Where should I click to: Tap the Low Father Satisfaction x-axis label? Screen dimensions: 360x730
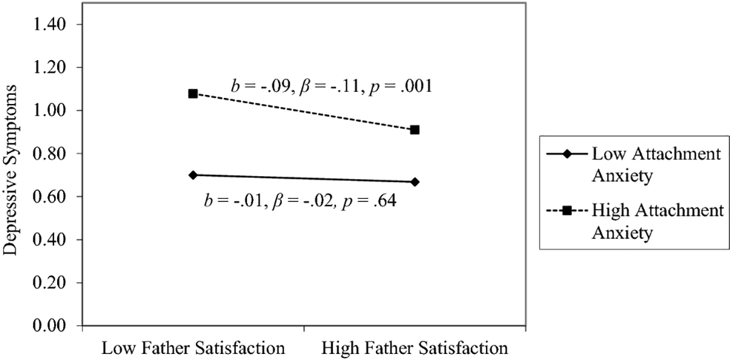click(193, 349)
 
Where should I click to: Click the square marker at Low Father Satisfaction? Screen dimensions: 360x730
click(193, 94)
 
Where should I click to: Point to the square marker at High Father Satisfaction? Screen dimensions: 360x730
click(415, 130)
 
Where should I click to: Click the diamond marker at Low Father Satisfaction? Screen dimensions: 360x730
click(193, 175)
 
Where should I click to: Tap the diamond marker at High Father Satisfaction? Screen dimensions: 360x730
click(415, 182)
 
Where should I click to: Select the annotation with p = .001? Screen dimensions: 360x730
click(332, 86)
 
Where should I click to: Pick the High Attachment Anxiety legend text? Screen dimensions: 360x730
click(654, 221)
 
